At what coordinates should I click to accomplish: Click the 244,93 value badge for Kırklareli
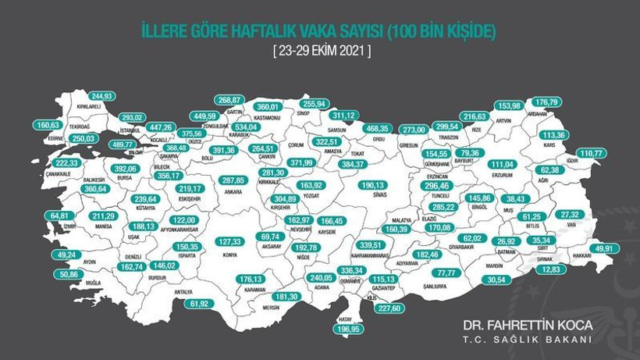(x=101, y=96)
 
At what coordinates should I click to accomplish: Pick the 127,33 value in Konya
(x=232, y=242)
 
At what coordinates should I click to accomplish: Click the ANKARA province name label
(x=233, y=190)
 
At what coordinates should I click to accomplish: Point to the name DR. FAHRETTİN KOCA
(x=528, y=324)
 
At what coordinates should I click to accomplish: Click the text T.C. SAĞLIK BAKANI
(x=528, y=340)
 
